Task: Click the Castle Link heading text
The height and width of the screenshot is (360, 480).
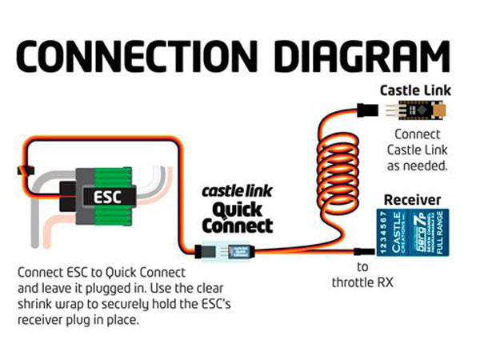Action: pyautogui.click(x=413, y=90)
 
